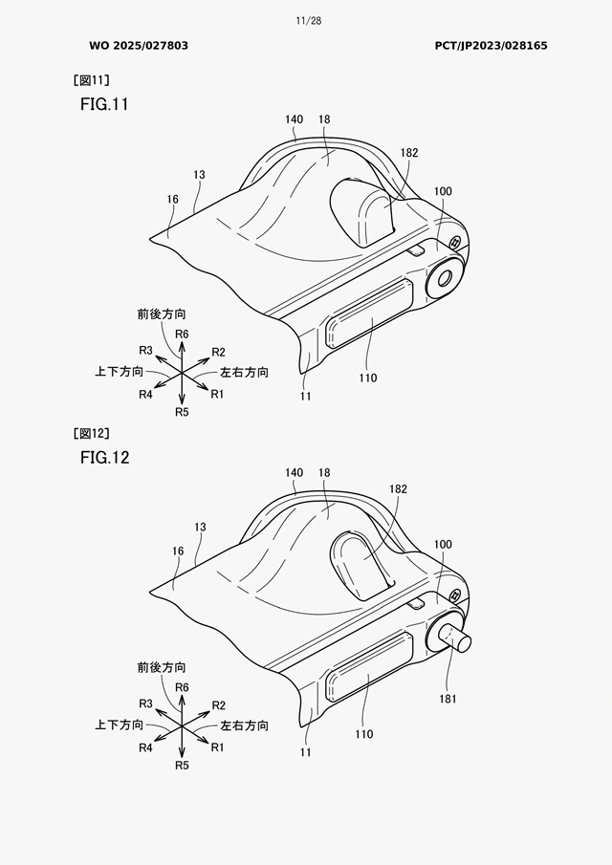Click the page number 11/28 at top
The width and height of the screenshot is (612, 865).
point(308,21)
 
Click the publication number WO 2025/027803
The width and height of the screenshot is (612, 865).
point(139,46)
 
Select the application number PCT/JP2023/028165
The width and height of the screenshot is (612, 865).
point(491,46)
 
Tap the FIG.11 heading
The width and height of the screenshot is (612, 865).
point(104,104)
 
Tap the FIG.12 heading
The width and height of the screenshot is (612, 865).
point(104,457)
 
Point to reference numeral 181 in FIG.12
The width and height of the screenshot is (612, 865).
point(448,699)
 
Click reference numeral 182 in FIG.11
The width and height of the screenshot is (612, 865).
point(409,153)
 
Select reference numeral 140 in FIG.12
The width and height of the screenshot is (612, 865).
point(295,473)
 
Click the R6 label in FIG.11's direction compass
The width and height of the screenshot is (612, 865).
point(182,335)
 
